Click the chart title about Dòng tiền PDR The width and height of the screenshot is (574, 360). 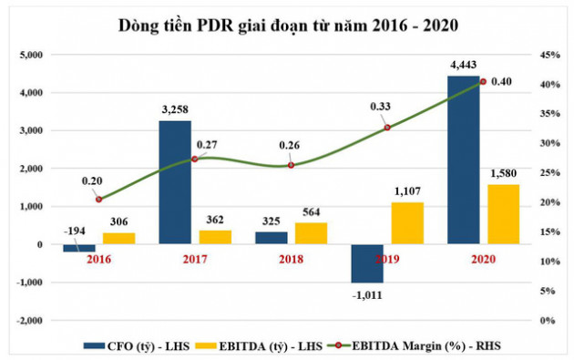286,25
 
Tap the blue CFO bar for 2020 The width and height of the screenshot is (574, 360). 462,159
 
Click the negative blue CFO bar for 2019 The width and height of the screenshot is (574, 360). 366,263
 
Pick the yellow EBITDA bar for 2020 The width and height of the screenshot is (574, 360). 503,214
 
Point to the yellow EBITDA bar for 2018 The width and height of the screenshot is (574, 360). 311,233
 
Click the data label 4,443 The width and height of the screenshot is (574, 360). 462,65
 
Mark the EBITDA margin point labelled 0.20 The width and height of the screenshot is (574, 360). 98,199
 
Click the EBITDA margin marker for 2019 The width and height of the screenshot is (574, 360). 387,127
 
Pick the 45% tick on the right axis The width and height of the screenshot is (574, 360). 550,55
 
